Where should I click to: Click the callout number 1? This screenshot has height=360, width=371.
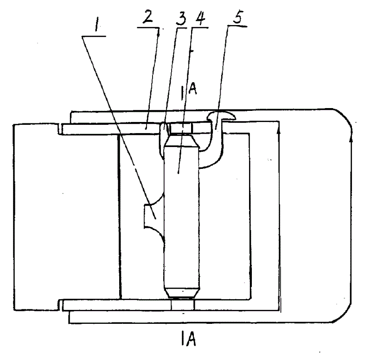point(96,25)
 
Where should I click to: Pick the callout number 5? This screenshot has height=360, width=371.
point(238,17)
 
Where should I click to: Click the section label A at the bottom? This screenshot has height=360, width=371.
point(192,339)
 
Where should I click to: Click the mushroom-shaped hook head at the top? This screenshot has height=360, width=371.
point(221,116)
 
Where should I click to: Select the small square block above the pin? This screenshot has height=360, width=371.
point(181,128)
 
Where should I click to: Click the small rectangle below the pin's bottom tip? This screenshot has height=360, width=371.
point(182,305)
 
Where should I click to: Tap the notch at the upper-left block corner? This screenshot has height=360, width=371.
point(60,129)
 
